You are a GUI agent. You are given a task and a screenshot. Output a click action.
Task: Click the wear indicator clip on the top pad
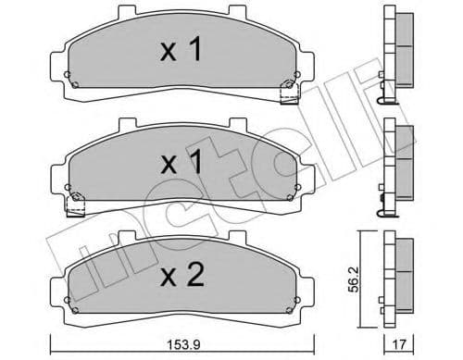point(286,90)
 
